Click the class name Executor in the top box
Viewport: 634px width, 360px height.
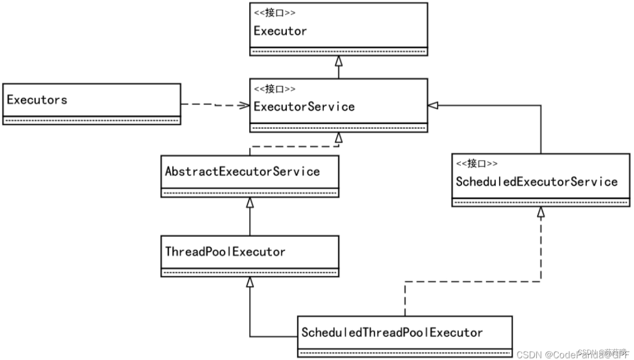coord(280,31)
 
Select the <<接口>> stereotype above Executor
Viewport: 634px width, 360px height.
coord(275,13)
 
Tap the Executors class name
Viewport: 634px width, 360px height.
coord(37,100)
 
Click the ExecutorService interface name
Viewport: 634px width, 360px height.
coord(304,106)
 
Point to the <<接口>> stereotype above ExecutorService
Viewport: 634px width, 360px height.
coord(275,89)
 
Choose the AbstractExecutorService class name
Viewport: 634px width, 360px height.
coord(242,171)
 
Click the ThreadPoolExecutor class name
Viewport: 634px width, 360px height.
coord(225,252)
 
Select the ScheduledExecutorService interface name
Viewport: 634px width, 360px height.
coord(536,182)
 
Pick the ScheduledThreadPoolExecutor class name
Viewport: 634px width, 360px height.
coord(392,333)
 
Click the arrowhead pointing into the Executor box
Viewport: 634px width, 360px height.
coord(338,61)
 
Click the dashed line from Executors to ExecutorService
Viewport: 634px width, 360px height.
coord(210,104)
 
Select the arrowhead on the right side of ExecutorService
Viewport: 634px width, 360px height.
coord(433,105)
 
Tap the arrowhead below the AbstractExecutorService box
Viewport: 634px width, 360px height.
coord(250,202)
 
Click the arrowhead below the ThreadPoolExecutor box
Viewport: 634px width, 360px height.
coord(250,282)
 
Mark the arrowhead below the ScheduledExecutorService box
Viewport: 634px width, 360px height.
coord(541,212)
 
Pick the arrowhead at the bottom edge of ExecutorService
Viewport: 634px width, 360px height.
coord(338,137)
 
